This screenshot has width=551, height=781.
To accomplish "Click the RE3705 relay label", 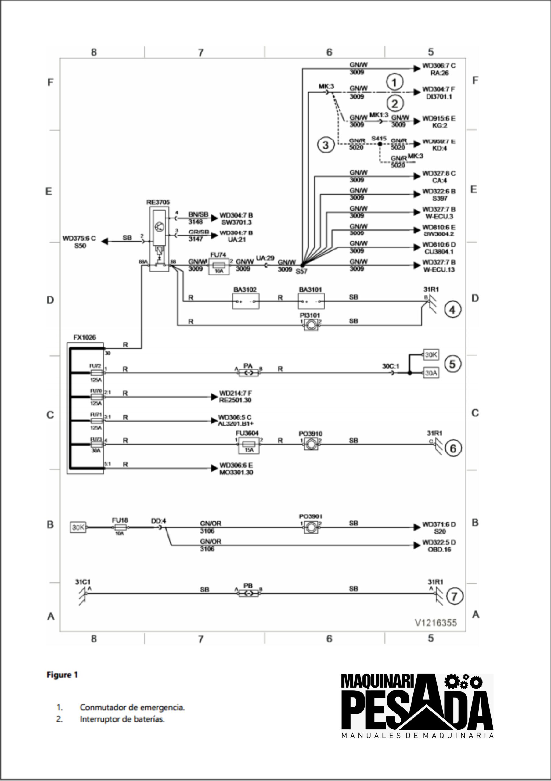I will (x=158, y=202).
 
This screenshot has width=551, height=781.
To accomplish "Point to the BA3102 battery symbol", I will (x=246, y=301).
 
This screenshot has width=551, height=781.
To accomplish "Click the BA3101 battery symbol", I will (x=311, y=301).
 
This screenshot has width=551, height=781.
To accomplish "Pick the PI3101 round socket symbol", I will (x=311, y=325).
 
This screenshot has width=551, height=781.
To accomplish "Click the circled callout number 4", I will (x=453, y=310).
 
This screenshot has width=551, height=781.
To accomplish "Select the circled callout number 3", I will (x=326, y=145).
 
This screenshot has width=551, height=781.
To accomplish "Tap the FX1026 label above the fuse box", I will (x=85, y=337).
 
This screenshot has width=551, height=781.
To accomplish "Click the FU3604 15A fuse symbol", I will (x=249, y=445).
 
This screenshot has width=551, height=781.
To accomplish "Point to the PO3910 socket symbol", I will (x=311, y=444).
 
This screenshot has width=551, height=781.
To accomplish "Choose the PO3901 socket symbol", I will (x=311, y=527).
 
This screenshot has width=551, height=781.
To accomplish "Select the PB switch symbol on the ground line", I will (x=248, y=594).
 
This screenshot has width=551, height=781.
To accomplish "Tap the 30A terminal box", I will (x=431, y=373).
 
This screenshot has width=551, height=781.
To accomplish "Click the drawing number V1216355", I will (x=436, y=622).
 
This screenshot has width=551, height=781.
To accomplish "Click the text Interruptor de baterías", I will (x=122, y=719).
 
